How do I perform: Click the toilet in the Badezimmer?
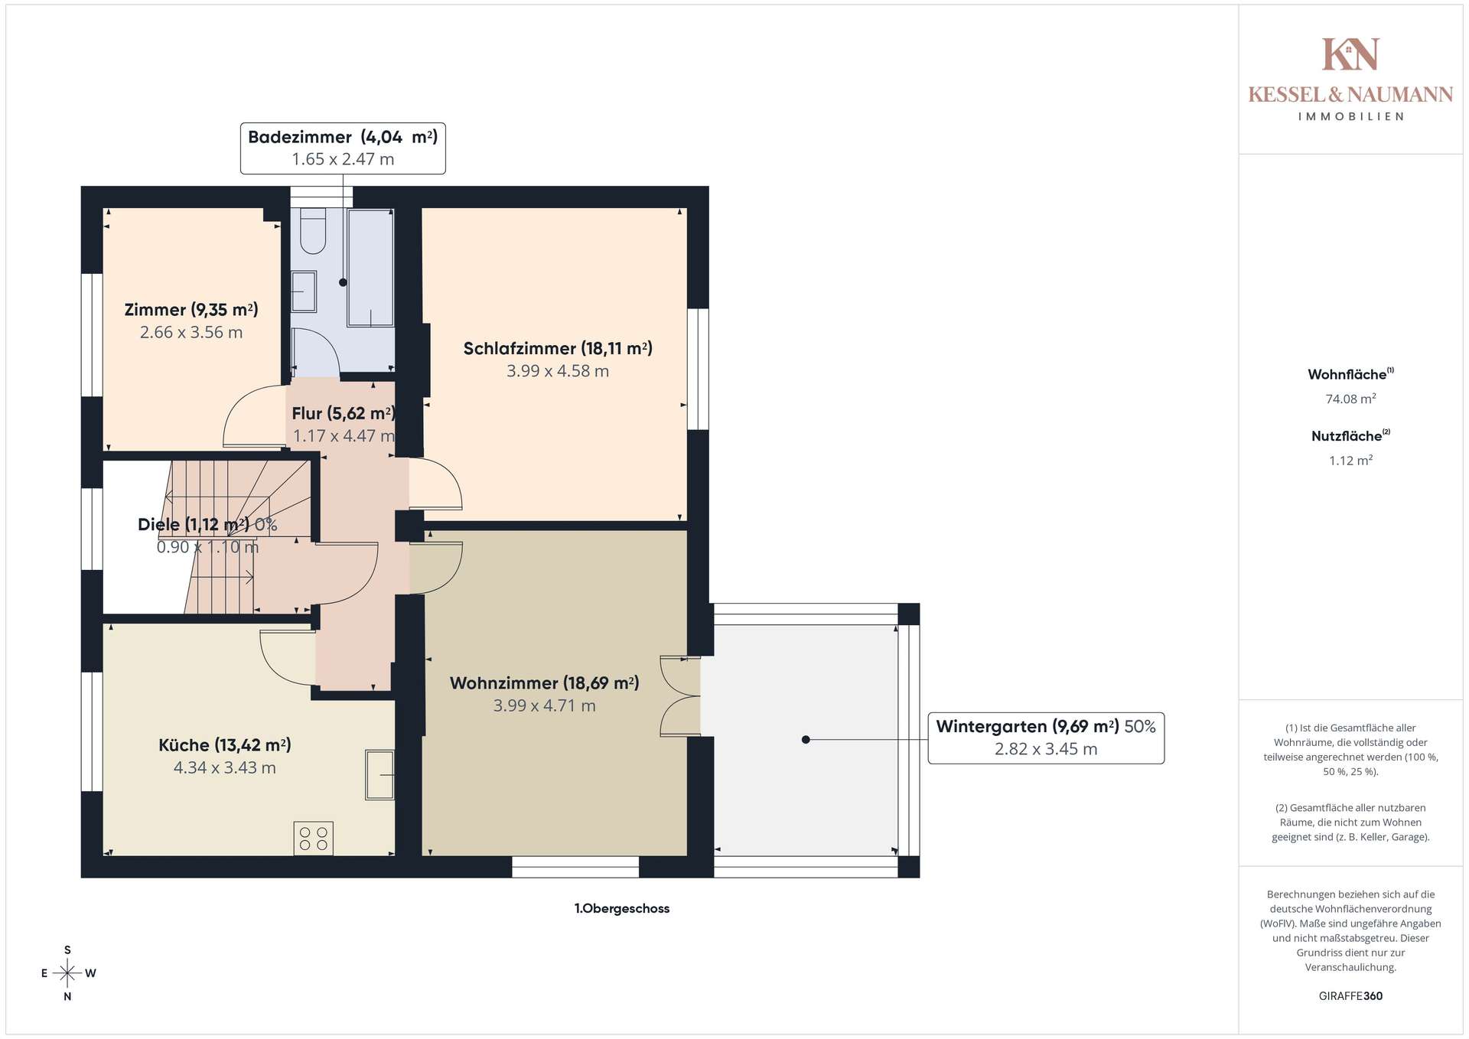[x=312, y=230]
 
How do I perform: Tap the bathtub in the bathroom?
[x=371, y=267]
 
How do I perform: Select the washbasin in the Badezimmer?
[x=303, y=292]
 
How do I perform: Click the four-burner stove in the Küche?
[x=314, y=838]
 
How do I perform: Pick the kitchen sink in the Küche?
[x=379, y=775]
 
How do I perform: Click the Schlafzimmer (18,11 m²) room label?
[x=558, y=348]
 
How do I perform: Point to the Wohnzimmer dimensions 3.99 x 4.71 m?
[x=544, y=705]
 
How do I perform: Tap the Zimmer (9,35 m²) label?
[x=191, y=310]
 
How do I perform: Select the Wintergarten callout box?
[x=1046, y=738]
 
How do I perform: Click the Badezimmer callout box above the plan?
[x=343, y=148]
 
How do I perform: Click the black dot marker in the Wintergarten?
[x=806, y=740]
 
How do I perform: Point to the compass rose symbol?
[x=68, y=973]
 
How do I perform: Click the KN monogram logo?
[x=1350, y=54]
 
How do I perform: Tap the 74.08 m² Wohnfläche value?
[x=1350, y=399]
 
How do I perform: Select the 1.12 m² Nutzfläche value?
[x=1350, y=461]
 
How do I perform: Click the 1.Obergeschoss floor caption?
[x=622, y=909]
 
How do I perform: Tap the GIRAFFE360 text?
[x=1350, y=996]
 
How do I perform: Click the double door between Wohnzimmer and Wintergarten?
[x=680, y=696]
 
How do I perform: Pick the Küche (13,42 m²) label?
[x=225, y=745]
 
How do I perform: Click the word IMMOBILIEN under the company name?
[x=1350, y=117]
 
